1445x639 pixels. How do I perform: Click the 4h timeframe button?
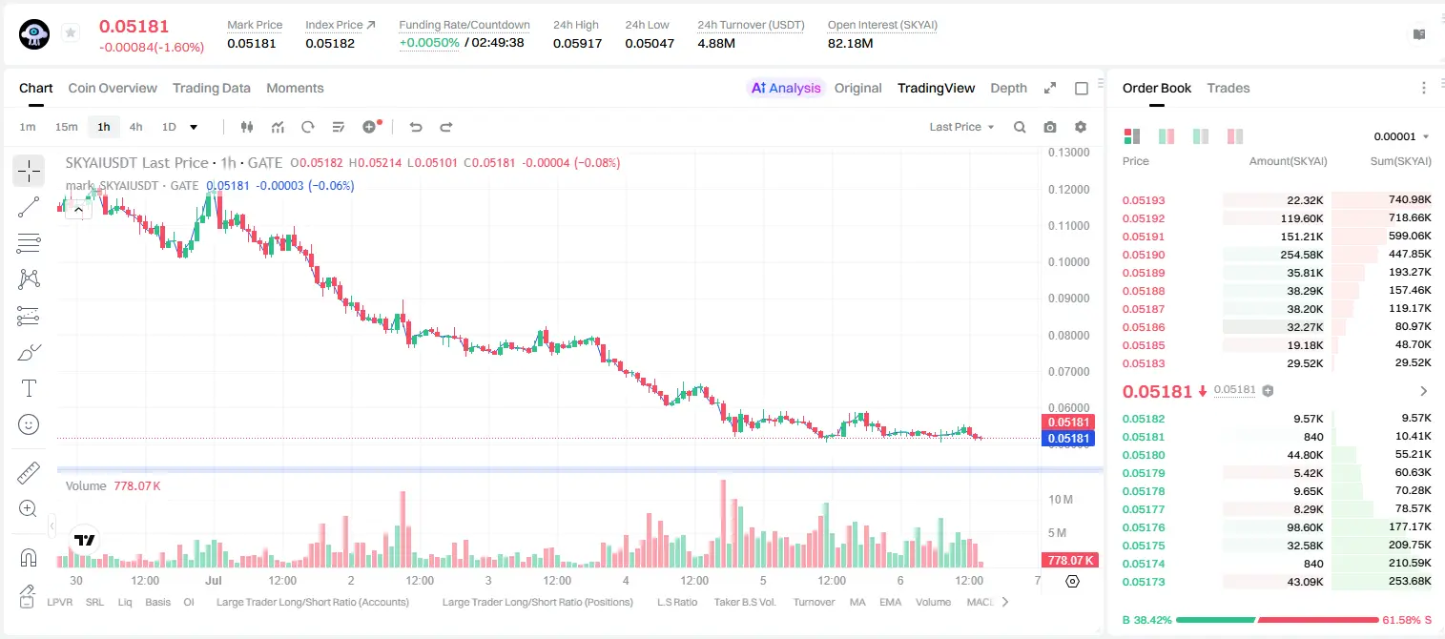pyautogui.click(x=135, y=127)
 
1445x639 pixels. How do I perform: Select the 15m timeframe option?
pyautogui.click(x=66, y=127)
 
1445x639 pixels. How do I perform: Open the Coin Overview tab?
pyautogui.click(x=113, y=88)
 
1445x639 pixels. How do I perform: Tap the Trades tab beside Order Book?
pyautogui.click(x=1228, y=88)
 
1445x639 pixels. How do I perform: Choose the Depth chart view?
pyautogui.click(x=1008, y=88)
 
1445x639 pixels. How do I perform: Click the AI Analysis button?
pyautogui.click(x=786, y=88)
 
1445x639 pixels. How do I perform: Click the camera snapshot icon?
pyautogui.click(x=1050, y=127)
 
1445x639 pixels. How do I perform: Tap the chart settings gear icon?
pyautogui.click(x=1081, y=127)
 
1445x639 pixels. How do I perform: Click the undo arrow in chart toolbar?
pyautogui.click(x=416, y=127)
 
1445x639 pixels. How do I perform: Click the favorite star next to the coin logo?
pyautogui.click(x=71, y=32)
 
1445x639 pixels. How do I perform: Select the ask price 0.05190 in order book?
pyautogui.click(x=1144, y=255)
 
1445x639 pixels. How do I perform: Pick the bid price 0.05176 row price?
pyautogui.click(x=1144, y=527)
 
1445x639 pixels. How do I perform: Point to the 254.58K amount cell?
pyautogui.click(x=1302, y=255)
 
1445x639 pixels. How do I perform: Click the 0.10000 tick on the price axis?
pyautogui.click(x=1069, y=261)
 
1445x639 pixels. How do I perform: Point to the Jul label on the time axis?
pyautogui.click(x=214, y=580)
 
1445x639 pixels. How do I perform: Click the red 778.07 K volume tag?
pyautogui.click(x=1070, y=561)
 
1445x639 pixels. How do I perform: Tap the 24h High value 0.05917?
pyautogui.click(x=577, y=43)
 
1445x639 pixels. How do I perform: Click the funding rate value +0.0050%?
pyautogui.click(x=429, y=43)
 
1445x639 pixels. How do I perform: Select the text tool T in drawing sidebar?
pyautogui.click(x=29, y=388)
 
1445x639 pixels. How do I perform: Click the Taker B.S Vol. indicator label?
pyautogui.click(x=744, y=602)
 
